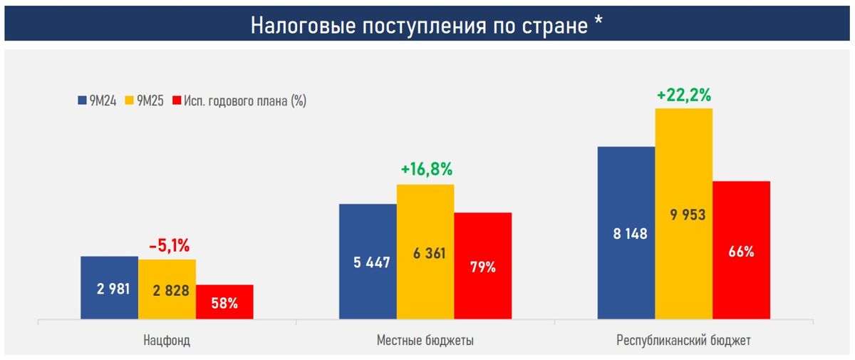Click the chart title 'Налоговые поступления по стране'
[419, 26]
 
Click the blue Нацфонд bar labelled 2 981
[109, 287]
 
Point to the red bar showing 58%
[224, 302]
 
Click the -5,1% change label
[169, 246]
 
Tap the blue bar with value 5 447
[368, 262]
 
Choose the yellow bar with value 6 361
[425, 252]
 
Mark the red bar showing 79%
[483, 266]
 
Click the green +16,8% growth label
[427, 170]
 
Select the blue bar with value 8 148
[626, 232]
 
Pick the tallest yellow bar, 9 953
[684, 214]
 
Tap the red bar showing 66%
[742, 250]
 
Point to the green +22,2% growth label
[685, 95]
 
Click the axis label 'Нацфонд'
[167, 341]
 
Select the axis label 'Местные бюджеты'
[425, 341]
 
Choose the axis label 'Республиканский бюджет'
[683, 341]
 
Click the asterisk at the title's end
[599, 23]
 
